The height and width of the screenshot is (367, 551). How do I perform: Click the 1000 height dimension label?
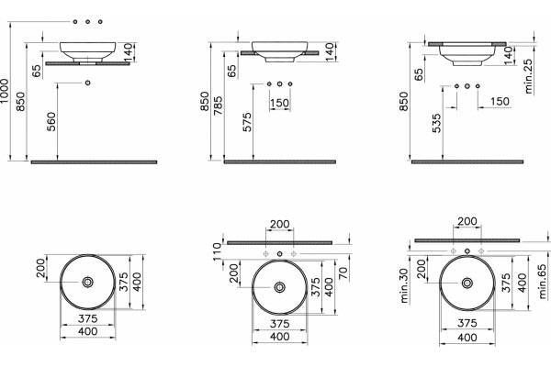coord(5,91)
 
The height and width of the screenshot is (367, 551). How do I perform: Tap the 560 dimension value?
coord(51,121)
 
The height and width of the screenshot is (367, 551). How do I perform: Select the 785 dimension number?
coord(218,106)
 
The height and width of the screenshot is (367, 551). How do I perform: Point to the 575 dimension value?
coord(247,122)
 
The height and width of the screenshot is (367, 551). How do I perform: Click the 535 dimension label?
coord(437,123)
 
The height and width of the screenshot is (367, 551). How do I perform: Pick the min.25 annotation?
coord(528,76)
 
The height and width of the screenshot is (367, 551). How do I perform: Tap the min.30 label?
coord(404,285)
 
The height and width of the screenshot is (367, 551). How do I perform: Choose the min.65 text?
coord(543,282)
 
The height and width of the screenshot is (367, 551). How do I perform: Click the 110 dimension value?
coord(217,250)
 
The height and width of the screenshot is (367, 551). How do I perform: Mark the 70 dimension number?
coord(343,272)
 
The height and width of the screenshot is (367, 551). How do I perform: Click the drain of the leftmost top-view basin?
coord(87,282)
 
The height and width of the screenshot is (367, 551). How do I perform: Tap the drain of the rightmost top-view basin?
coord(467,283)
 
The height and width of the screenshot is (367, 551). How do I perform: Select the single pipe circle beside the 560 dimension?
coord(87,83)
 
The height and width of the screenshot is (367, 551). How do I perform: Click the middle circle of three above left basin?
coord(87,22)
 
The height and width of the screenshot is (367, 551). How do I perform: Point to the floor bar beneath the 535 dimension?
coord(467,161)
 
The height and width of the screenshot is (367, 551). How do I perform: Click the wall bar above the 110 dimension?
coord(280,242)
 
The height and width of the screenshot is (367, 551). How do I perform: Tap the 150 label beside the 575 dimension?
coord(280,104)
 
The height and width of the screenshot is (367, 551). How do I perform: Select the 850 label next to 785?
coord(205,101)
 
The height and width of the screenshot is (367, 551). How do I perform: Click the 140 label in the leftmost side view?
coord(129,51)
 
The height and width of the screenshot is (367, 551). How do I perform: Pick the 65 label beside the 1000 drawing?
coord(36,72)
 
